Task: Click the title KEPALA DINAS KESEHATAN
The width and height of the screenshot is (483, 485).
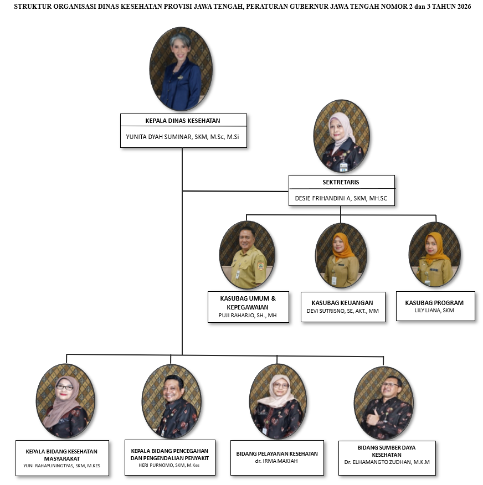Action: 183,121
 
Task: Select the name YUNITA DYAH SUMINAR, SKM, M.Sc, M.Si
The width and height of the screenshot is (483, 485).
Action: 182,137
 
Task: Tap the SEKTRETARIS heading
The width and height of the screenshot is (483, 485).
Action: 341,182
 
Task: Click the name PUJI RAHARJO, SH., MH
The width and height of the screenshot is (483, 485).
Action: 248,316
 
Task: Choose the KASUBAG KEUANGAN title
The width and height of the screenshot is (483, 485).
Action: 342,303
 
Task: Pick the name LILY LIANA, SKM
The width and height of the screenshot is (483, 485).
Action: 434,310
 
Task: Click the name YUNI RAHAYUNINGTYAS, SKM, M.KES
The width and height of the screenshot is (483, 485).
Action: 61,466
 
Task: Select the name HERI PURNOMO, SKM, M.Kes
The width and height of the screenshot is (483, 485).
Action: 169,465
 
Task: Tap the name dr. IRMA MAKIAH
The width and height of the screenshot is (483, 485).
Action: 277,461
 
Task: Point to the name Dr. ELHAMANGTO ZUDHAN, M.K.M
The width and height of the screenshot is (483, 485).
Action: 387,462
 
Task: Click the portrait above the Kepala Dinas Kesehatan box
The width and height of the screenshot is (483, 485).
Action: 181,69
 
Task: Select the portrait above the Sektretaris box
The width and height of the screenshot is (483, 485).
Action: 342,136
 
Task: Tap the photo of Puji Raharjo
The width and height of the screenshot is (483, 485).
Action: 247,255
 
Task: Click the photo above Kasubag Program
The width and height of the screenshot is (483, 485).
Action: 435,254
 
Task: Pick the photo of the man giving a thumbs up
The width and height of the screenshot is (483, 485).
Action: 384,403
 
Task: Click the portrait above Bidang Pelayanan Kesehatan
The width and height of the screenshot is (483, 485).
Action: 278,401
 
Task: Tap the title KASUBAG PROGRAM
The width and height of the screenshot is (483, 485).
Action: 434,303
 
